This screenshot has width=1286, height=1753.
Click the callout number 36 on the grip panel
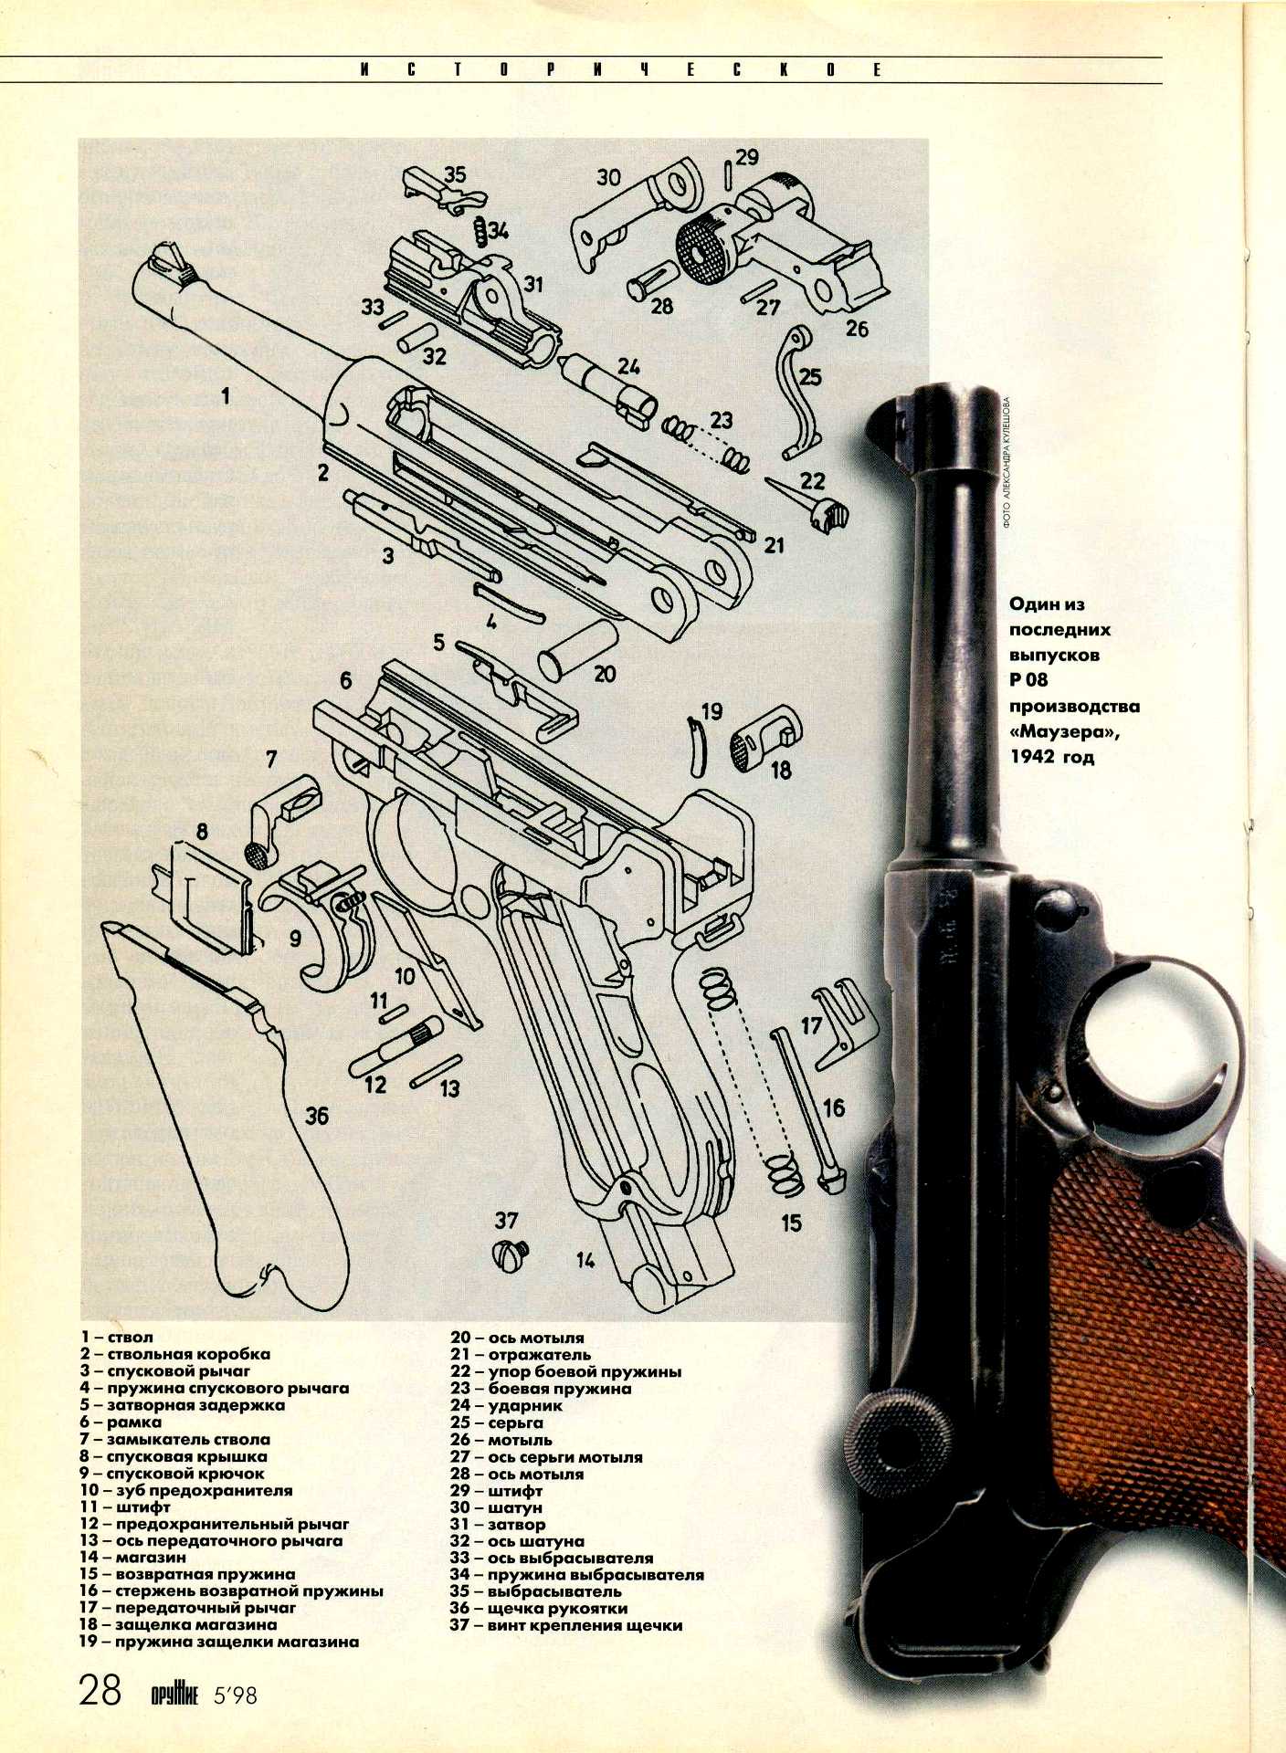316,1116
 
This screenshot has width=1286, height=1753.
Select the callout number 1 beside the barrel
225,395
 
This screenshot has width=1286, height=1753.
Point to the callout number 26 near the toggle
856,329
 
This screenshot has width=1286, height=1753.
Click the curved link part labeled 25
796,393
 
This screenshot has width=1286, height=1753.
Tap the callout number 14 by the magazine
585,1260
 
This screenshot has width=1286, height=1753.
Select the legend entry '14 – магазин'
132,1557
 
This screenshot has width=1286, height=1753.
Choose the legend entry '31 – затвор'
497,1524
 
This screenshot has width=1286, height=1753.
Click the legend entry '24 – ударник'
506,1406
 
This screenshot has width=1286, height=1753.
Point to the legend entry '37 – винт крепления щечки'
565,1625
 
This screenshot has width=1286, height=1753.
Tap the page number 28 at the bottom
100,1689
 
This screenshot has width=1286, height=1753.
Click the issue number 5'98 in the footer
235,1695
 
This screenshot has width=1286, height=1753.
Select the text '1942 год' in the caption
1051,757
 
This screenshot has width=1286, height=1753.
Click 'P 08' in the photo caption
1028,680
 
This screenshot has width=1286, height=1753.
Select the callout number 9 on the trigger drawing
294,939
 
